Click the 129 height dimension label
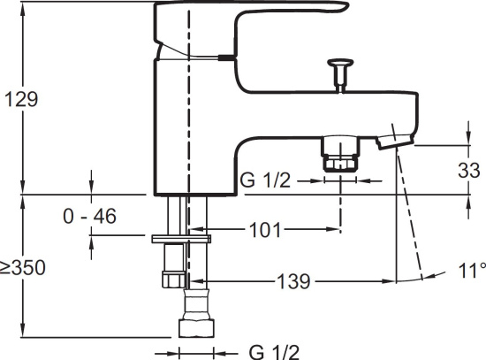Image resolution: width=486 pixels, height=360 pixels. tap(21, 99)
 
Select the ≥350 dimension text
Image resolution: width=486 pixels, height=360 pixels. tap(22, 267)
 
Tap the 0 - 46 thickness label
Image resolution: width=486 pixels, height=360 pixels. tap(89, 216)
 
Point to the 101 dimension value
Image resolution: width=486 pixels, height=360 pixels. tap(265, 230)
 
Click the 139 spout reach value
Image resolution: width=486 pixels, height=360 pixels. tap(292, 281)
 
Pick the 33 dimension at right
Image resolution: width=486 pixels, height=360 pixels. tap(469, 171)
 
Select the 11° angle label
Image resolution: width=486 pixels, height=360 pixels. tap(472, 271)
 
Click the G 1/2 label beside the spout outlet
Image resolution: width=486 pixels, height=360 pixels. tap(266, 180)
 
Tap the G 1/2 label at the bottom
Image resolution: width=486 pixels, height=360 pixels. tap(274, 352)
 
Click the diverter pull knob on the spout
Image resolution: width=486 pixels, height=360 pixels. tap(340, 74)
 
